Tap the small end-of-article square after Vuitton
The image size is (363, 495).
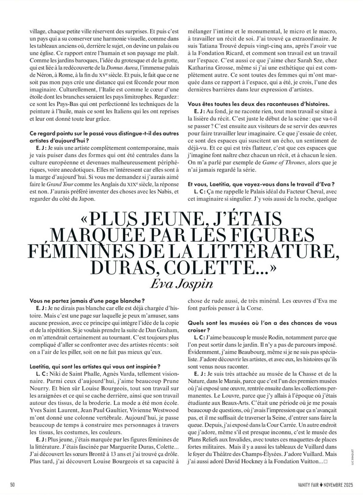coord(325,462)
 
